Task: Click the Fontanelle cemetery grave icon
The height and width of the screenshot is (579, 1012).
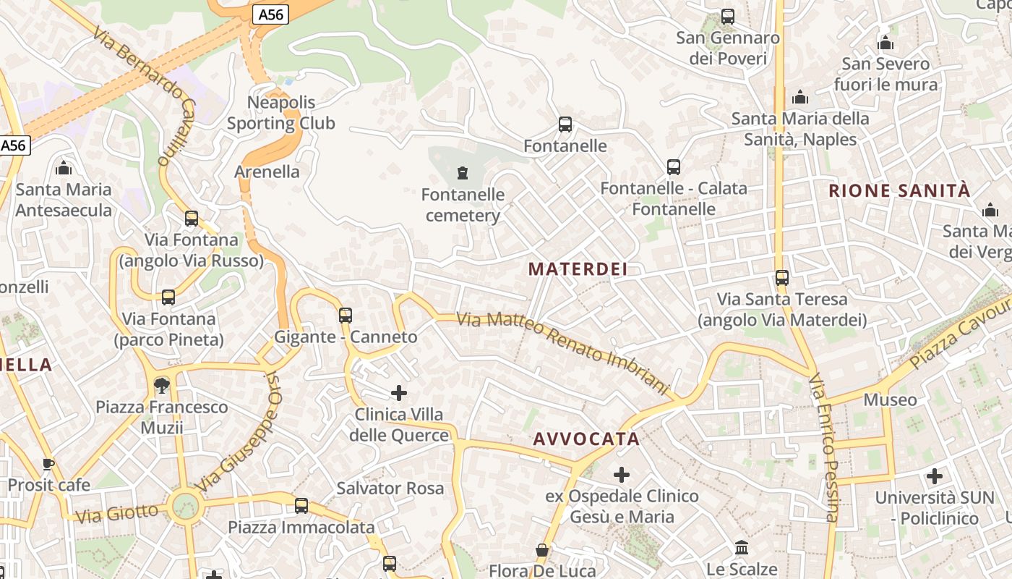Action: (463, 173)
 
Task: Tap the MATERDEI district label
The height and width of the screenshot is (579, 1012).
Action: (578, 269)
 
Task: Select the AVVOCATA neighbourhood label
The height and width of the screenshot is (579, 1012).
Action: (586, 439)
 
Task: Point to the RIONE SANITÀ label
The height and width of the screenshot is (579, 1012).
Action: (899, 191)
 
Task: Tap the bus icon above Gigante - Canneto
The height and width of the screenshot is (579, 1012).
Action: (346, 315)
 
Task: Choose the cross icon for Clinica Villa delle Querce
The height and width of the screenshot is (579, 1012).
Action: (399, 393)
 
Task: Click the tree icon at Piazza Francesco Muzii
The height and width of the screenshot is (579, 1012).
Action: (162, 386)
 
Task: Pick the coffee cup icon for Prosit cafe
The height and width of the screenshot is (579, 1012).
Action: (48, 464)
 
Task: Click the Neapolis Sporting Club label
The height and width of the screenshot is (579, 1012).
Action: (281, 112)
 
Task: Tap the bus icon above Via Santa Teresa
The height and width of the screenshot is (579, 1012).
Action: (781, 277)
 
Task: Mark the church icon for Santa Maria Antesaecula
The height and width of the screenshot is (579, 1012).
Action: (64, 169)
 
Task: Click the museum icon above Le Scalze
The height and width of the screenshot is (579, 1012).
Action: (742, 548)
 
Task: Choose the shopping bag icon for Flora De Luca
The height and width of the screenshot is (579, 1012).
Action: (542, 551)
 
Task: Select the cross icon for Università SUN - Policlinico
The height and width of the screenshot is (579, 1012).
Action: (935, 476)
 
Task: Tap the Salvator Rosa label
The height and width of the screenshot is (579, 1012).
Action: (390, 488)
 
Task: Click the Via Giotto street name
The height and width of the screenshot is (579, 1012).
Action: (116, 514)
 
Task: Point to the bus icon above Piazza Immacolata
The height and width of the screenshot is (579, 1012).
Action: (301, 506)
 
